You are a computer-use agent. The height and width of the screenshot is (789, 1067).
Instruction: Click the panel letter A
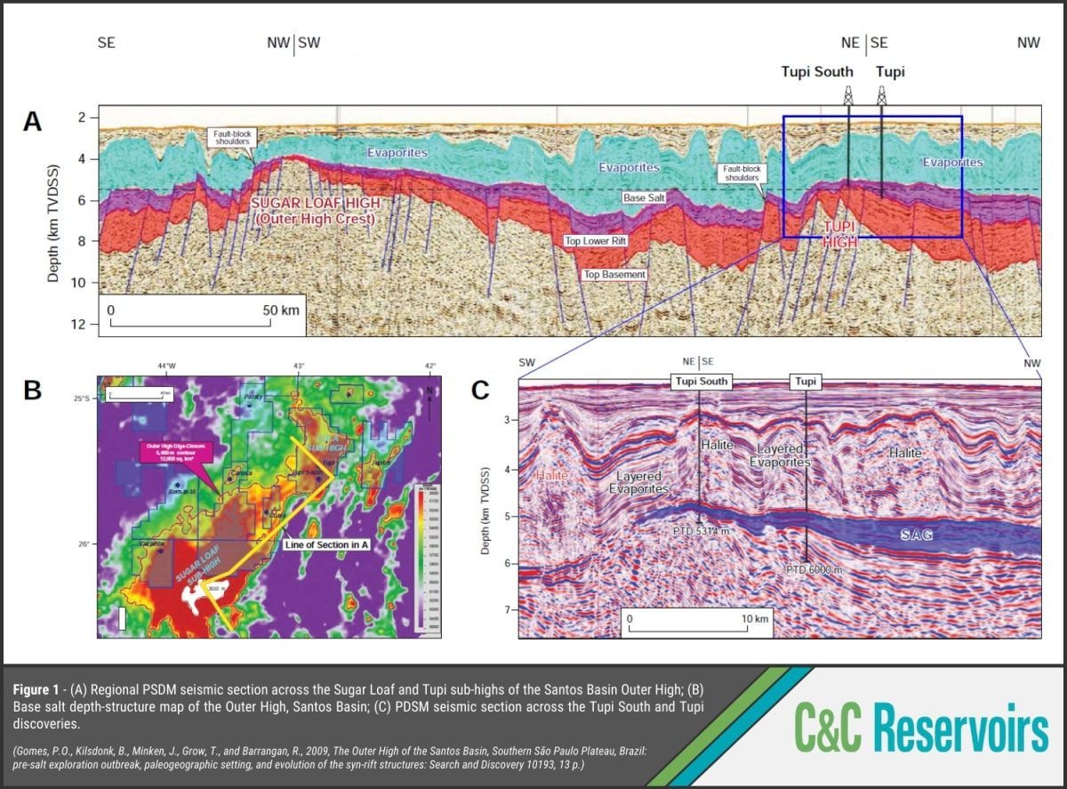(32, 122)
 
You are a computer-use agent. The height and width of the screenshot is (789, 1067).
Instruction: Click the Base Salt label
(646, 197)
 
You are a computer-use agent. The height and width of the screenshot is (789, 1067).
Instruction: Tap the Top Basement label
(614, 275)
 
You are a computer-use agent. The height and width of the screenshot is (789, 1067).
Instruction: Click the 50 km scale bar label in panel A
(281, 310)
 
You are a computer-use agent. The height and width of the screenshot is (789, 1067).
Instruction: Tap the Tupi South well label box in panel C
(700, 382)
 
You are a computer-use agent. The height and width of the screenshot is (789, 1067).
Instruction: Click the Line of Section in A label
(326, 543)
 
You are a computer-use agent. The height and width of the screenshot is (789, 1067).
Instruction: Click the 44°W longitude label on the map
(166, 366)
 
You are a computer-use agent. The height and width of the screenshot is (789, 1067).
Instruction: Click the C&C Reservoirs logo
(922, 730)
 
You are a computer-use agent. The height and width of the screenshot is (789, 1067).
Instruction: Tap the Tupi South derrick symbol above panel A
(847, 95)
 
